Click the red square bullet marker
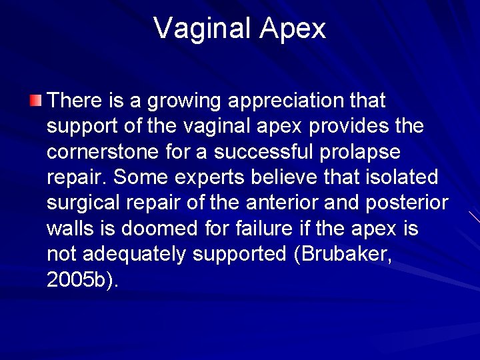(36, 101)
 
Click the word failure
(265, 229)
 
